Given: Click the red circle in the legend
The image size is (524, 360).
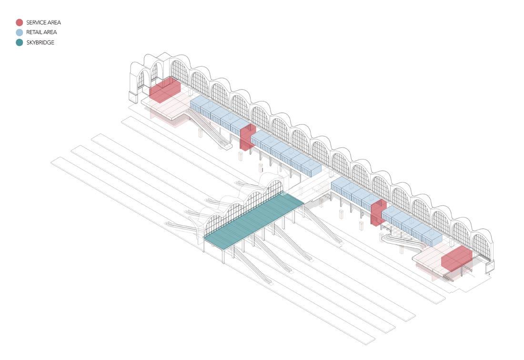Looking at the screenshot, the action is coord(19,22).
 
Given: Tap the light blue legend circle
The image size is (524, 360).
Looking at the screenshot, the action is coord(19,32).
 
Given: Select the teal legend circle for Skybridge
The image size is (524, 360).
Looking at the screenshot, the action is coord(19,42).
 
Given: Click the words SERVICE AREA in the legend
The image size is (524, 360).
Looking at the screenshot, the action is coord(43,22).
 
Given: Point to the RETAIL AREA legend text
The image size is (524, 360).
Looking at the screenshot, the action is coord(41,32).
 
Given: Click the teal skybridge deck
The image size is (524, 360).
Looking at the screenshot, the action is coord(254,221).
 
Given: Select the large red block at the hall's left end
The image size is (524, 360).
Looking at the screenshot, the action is coord(164,90).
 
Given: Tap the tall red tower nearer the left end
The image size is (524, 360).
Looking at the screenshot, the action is coord(247,137).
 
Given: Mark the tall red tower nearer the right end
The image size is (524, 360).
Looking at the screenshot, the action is coord(378,212).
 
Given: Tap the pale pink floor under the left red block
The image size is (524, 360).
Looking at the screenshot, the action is coord(164,112).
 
